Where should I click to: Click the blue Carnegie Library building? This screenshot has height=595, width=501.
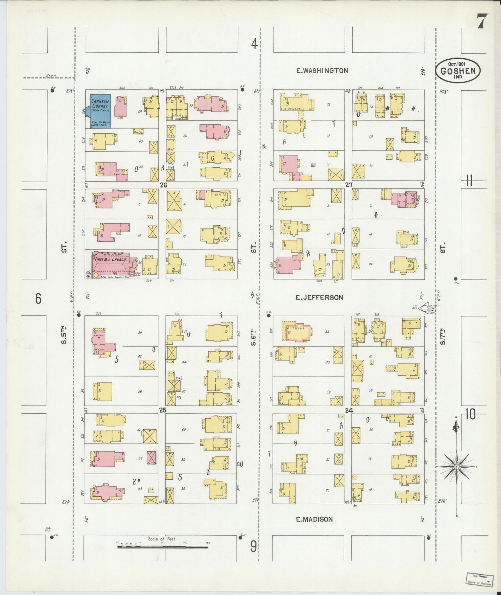[x=101, y=111]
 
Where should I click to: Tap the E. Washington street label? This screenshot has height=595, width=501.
[x=322, y=70]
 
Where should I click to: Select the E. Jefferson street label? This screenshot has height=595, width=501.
[x=319, y=297]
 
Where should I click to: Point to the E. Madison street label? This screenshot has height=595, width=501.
[x=314, y=519]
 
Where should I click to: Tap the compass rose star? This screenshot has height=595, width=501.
[x=457, y=467]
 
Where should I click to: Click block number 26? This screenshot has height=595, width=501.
[x=163, y=185]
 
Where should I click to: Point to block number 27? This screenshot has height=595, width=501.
[x=348, y=185]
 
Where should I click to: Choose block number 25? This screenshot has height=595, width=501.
[x=162, y=410]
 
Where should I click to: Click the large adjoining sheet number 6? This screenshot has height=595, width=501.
[x=38, y=298]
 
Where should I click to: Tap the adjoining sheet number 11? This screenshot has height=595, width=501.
[x=469, y=181]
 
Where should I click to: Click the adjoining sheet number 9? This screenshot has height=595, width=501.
[x=254, y=547]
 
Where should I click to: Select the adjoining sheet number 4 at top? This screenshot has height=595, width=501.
[x=254, y=44]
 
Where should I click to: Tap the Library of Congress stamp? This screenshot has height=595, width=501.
[x=479, y=580]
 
